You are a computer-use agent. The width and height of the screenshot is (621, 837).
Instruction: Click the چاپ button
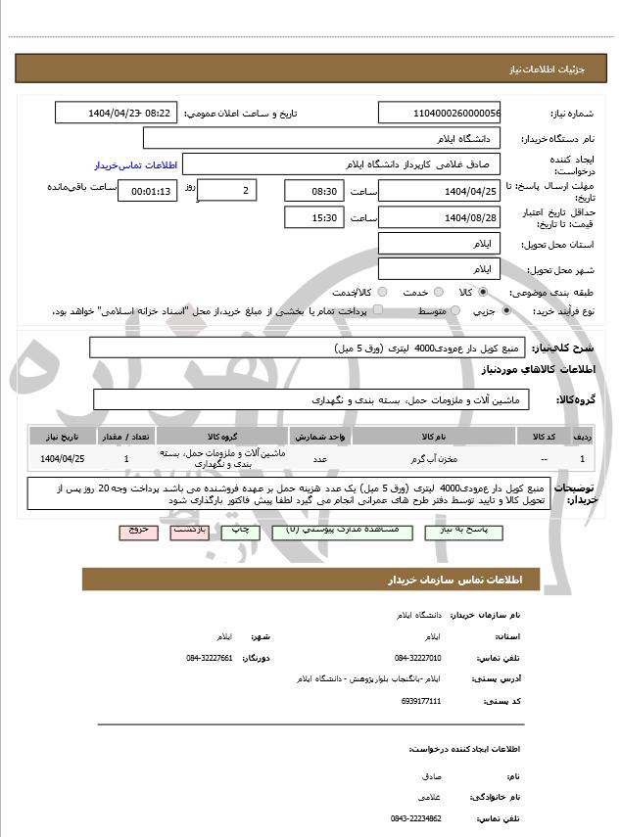pos(240,530)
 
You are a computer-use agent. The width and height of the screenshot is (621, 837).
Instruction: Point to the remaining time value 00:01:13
pos(147,190)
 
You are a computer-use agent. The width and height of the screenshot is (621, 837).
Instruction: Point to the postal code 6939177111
pos(421,701)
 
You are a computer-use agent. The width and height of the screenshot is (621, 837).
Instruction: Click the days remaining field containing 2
pos(227,190)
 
